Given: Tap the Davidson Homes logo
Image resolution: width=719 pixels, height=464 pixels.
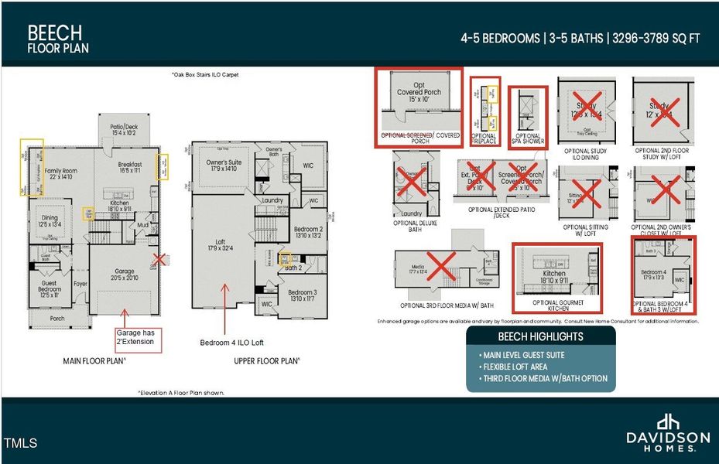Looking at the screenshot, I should tap(667, 431).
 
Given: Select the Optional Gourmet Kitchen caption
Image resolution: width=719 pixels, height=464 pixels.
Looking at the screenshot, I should tap(554, 304).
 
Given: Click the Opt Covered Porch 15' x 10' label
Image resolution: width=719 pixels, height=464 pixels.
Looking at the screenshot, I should tap(419, 97).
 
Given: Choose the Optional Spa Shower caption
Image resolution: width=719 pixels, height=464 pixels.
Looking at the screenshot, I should tap(529, 139).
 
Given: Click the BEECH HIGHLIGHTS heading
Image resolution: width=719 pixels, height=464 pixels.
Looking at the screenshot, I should tap(540, 336).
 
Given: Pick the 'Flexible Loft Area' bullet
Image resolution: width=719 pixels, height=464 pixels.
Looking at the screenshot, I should tap(517, 366).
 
